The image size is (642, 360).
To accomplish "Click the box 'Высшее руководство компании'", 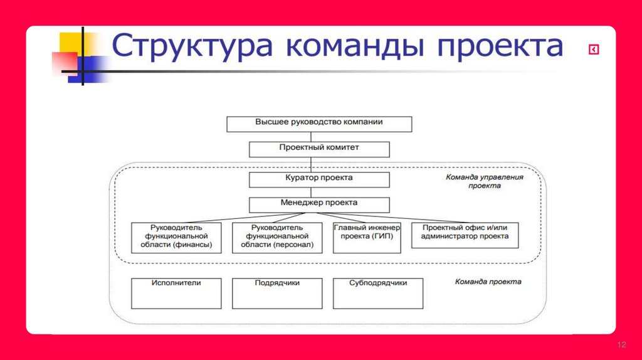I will (x=319, y=123).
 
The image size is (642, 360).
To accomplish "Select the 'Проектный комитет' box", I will (x=319, y=149).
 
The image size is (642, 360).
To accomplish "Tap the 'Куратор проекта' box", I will (x=319, y=179).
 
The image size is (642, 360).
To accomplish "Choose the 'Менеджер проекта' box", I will (x=319, y=204).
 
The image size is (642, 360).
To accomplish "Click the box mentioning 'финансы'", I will (x=176, y=237).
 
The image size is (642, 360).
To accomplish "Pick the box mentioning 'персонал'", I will (x=277, y=237).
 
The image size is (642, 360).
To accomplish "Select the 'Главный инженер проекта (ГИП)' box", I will (x=367, y=237).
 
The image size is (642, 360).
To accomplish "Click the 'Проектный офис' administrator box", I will (x=465, y=233).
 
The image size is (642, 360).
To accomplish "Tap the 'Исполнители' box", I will (x=176, y=293).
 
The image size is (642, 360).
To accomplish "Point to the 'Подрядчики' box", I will (x=277, y=293).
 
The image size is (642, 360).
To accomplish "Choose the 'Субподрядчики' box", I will (x=378, y=293).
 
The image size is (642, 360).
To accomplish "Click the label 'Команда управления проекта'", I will (x=484, y=181).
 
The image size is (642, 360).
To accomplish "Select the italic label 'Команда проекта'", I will (x=488, y=282).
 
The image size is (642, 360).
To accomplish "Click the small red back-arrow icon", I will (x=593, y=50).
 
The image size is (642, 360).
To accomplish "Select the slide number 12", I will (x=622, y=346).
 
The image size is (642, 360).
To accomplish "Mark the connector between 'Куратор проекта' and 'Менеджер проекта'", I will (x=319, y=193).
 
